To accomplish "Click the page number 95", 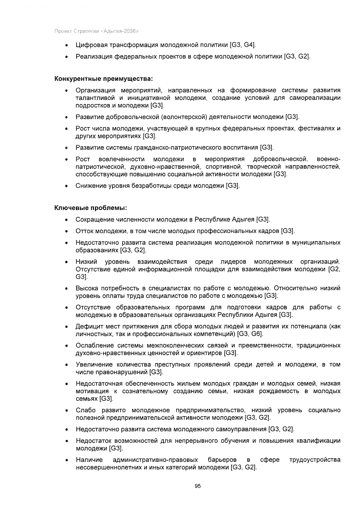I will pos(197,486).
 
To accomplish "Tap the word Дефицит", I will pos(88,326).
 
